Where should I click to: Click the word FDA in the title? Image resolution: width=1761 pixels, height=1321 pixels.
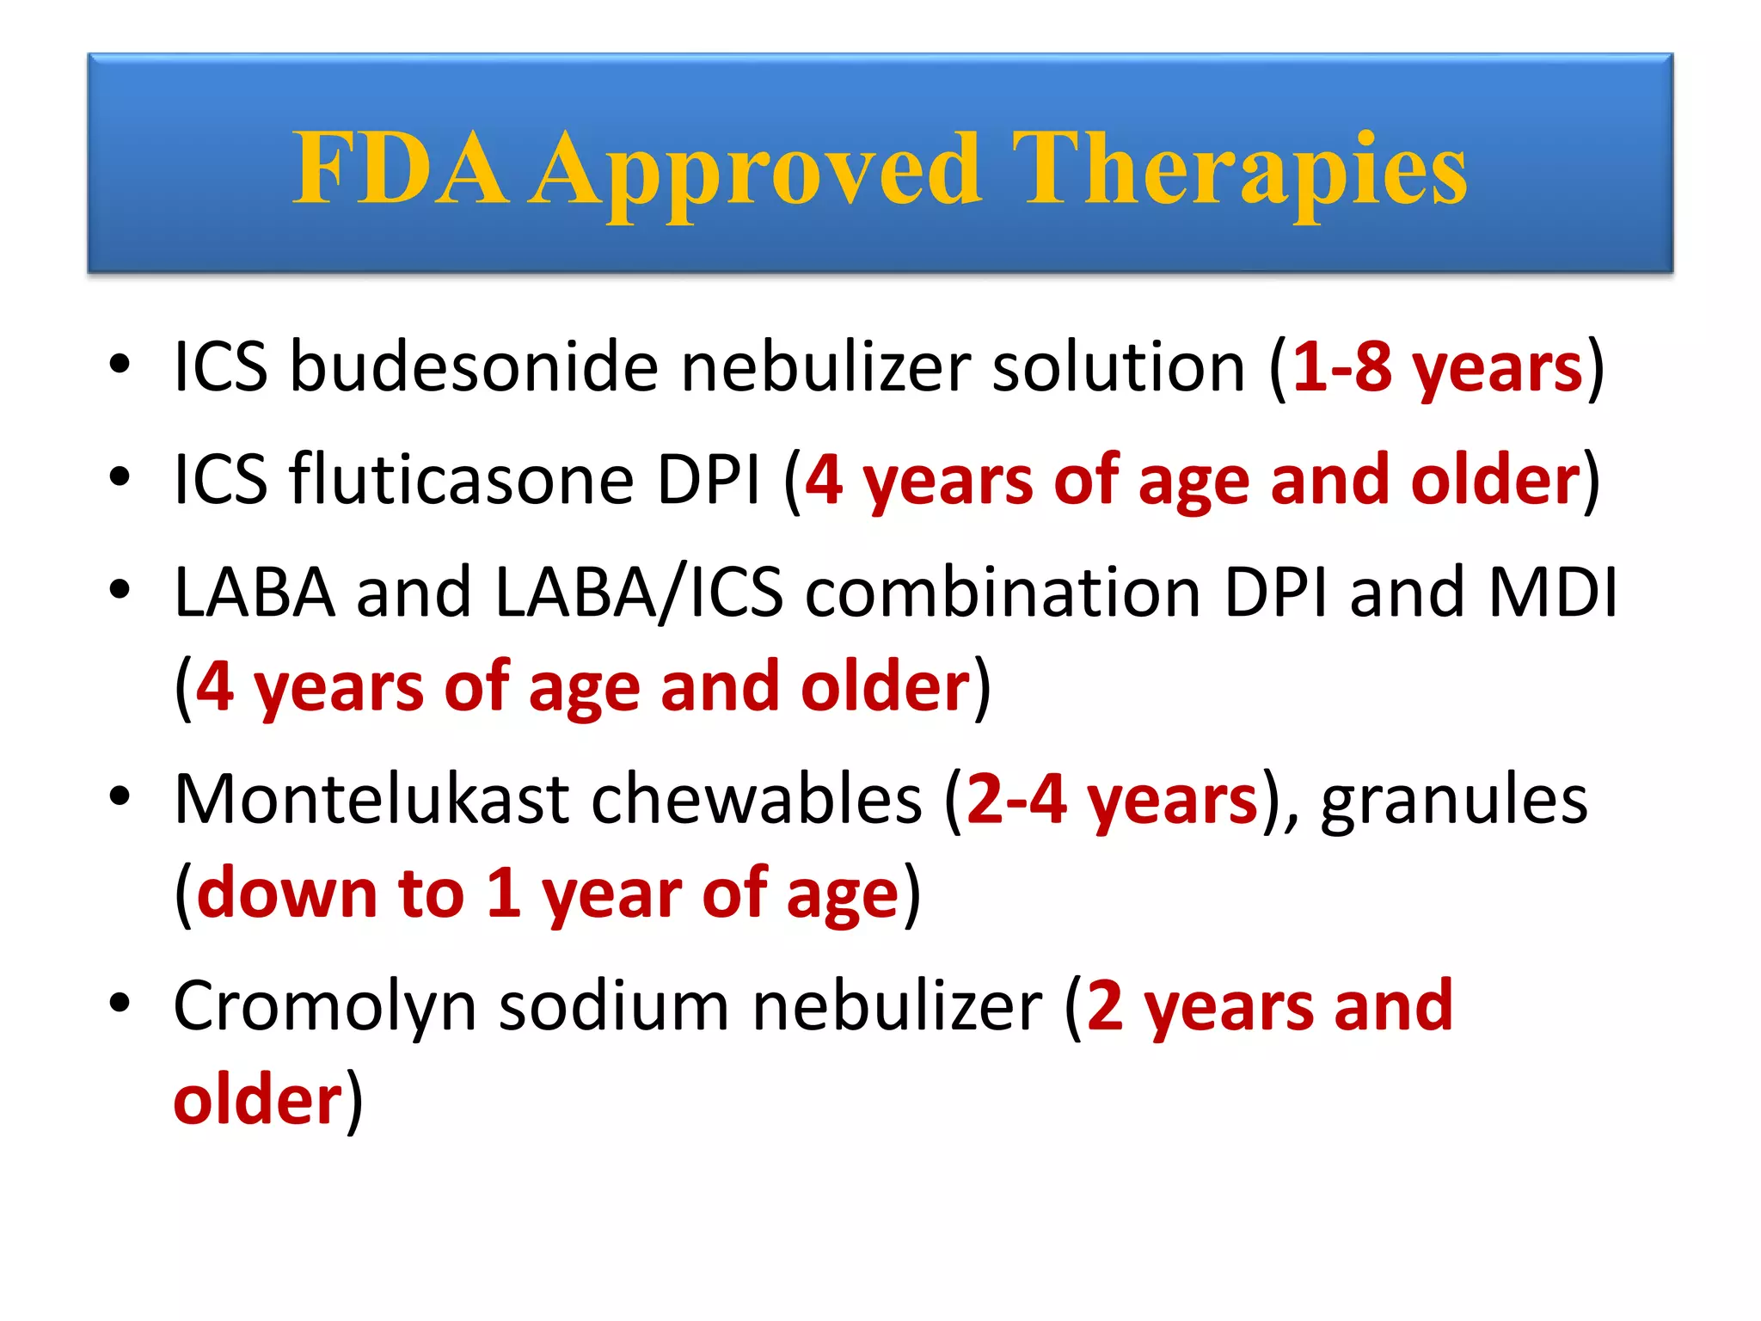click(400, 169)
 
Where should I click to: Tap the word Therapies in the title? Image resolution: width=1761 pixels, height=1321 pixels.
click(1238, 170)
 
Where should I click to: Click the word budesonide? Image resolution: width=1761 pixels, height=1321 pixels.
click(474, 367)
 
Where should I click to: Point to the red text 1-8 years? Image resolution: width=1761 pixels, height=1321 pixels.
click(1437, 367)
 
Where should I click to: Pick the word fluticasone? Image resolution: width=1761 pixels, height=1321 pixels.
click(461, 479)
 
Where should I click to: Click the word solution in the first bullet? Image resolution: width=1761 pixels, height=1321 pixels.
click(1119, 367)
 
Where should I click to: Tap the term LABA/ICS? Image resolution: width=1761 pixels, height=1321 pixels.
click(639, 593)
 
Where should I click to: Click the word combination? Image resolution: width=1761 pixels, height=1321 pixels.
click(1003, 593)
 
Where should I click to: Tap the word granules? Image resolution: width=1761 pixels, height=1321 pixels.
click(1454, 799)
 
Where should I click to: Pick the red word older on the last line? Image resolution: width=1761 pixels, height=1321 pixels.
click(258, 1100)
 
